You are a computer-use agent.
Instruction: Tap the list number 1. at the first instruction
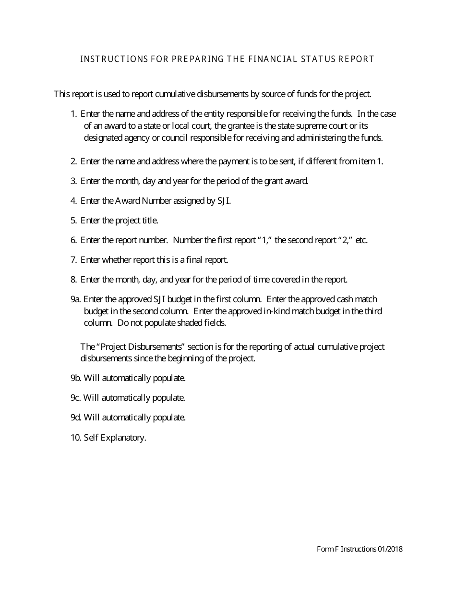(73, 114)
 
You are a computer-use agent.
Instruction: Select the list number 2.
(73, 161)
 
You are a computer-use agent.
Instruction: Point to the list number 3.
(73, 181)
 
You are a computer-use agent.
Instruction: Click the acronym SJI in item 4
(224, 201)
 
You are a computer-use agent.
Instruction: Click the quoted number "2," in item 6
(346, 240)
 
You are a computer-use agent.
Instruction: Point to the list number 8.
(73, 280)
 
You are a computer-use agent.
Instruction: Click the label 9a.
(75, 299)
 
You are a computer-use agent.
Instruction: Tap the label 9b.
(76, 378)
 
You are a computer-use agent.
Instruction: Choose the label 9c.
(75, 398)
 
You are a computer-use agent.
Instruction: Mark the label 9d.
(76, 418)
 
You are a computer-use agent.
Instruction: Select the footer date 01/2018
(390, 549)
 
